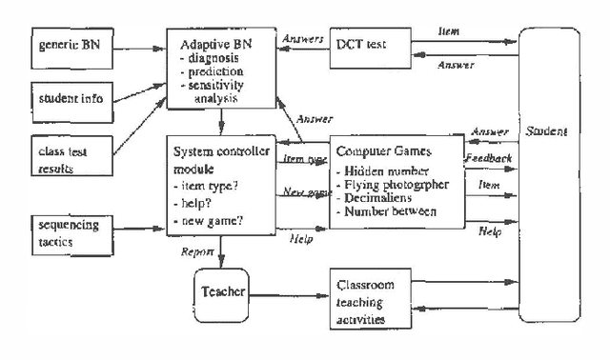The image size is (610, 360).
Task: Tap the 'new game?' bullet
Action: (x=210, y=221)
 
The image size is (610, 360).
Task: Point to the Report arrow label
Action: (x=196, y=252)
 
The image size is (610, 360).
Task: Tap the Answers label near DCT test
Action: (x=303, y=39)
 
